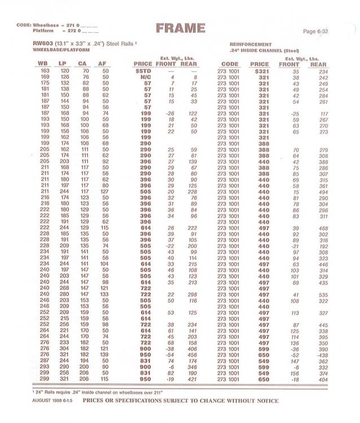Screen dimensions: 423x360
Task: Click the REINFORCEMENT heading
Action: [x=251, y=43]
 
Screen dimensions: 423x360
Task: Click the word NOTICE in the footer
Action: [x=263, y=401]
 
